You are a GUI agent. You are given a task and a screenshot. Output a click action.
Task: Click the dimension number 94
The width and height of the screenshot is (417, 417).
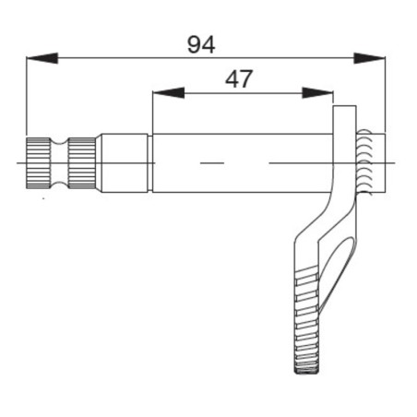pyautogui.click(x=200, y=44)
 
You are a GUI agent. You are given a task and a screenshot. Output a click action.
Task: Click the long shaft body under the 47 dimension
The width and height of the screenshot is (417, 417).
pyautogui.click(x=240, y=163)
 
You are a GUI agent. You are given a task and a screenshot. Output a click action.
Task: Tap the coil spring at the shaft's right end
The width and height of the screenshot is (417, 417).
pyautogui.click(x=367, y=162)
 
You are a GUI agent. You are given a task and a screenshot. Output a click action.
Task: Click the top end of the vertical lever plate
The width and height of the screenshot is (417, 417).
pyautogui.click(x=343, y=112)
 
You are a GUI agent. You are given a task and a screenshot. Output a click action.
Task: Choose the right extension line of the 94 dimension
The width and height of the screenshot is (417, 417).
pyautogui.click(x=384, y=101)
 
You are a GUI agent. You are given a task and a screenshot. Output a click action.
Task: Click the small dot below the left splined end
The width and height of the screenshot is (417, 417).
pyautogui.click(x=42, y=197)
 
